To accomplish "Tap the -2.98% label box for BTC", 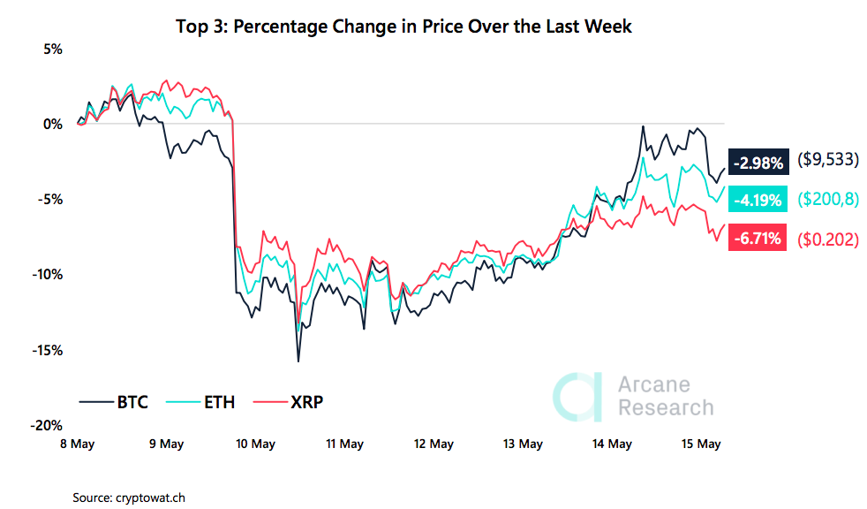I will tap(757, 162).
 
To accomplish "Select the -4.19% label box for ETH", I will tap(757, 200).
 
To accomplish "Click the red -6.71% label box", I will tap(757, 239).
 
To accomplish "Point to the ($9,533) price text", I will tap(827, 162).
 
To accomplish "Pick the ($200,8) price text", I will tap(827, 200).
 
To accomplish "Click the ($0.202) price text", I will tap(827, 239).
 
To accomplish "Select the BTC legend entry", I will tap(114, 403).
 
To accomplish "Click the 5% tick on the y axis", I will tap(52, 49).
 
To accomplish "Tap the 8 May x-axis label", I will tap(78, 444).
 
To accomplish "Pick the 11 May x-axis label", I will tap(345, 444).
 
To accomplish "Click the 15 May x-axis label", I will tap(703, 444).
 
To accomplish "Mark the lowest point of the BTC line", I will tap(298, 361).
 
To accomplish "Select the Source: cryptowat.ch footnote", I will tap(129, 498).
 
